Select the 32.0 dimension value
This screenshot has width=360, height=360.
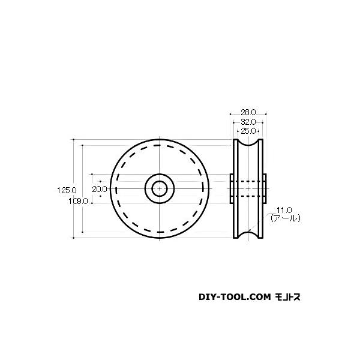248,121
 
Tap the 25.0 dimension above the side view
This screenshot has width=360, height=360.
248,130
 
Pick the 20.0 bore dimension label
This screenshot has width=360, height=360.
100,188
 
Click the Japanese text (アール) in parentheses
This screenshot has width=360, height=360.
286,219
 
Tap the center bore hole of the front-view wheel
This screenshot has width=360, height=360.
160,188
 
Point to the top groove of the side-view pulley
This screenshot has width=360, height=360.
248,145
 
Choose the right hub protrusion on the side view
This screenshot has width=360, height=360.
265,188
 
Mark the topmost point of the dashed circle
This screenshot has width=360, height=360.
160,146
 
